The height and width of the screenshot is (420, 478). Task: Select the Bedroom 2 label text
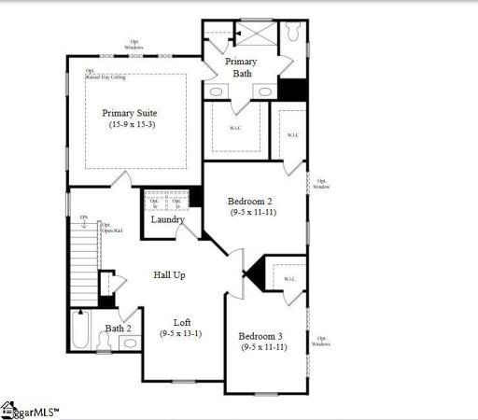251,201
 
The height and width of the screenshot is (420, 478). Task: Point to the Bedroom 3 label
261,336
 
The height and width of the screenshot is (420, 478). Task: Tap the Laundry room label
168,220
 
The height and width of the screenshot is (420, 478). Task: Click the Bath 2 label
118,329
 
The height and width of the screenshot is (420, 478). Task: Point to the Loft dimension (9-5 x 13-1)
182,332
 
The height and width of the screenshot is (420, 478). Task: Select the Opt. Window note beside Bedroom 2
322,184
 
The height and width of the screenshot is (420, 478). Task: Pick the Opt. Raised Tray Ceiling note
105,73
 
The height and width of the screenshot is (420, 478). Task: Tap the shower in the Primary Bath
258,35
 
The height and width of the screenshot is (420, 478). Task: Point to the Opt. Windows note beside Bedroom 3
322,341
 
